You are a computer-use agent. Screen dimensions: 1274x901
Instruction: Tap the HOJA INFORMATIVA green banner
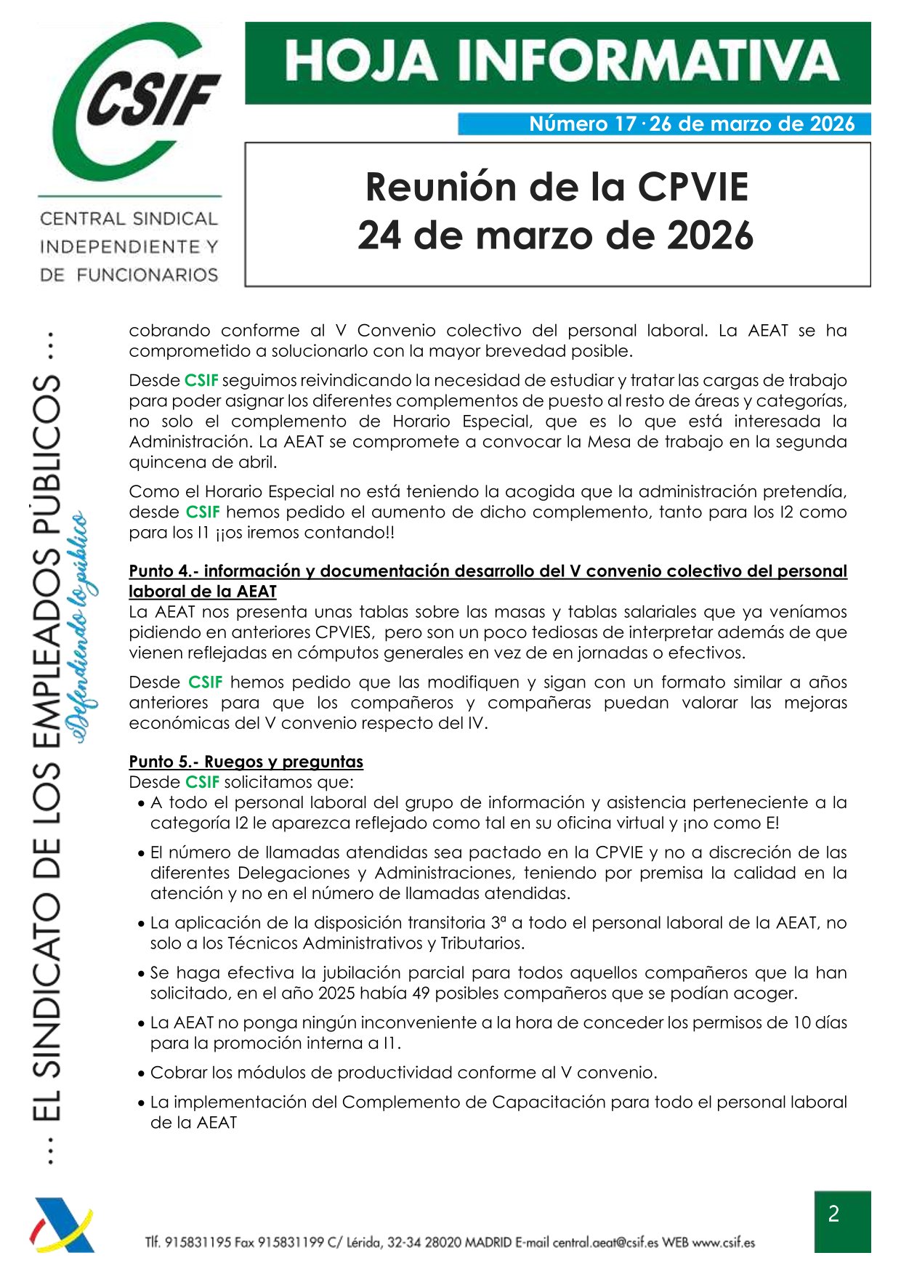point(557,63)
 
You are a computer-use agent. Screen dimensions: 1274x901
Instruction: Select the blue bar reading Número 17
point(663,124)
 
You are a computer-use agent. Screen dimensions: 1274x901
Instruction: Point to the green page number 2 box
point(841,1221)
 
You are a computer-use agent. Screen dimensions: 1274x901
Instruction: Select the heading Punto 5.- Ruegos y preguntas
point(246,762)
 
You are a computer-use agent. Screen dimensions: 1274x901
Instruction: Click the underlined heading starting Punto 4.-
point(488,571)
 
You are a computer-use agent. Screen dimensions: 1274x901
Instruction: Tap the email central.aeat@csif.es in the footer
point(605,1242)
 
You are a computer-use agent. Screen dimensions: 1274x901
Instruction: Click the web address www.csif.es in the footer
point(723,1242)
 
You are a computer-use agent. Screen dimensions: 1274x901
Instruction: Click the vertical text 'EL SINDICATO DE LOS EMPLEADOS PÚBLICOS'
point(49,749)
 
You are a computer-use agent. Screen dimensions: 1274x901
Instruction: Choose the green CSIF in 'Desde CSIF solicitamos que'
point(202,782)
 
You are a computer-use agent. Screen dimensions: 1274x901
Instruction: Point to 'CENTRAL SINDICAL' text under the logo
point(129,219)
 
